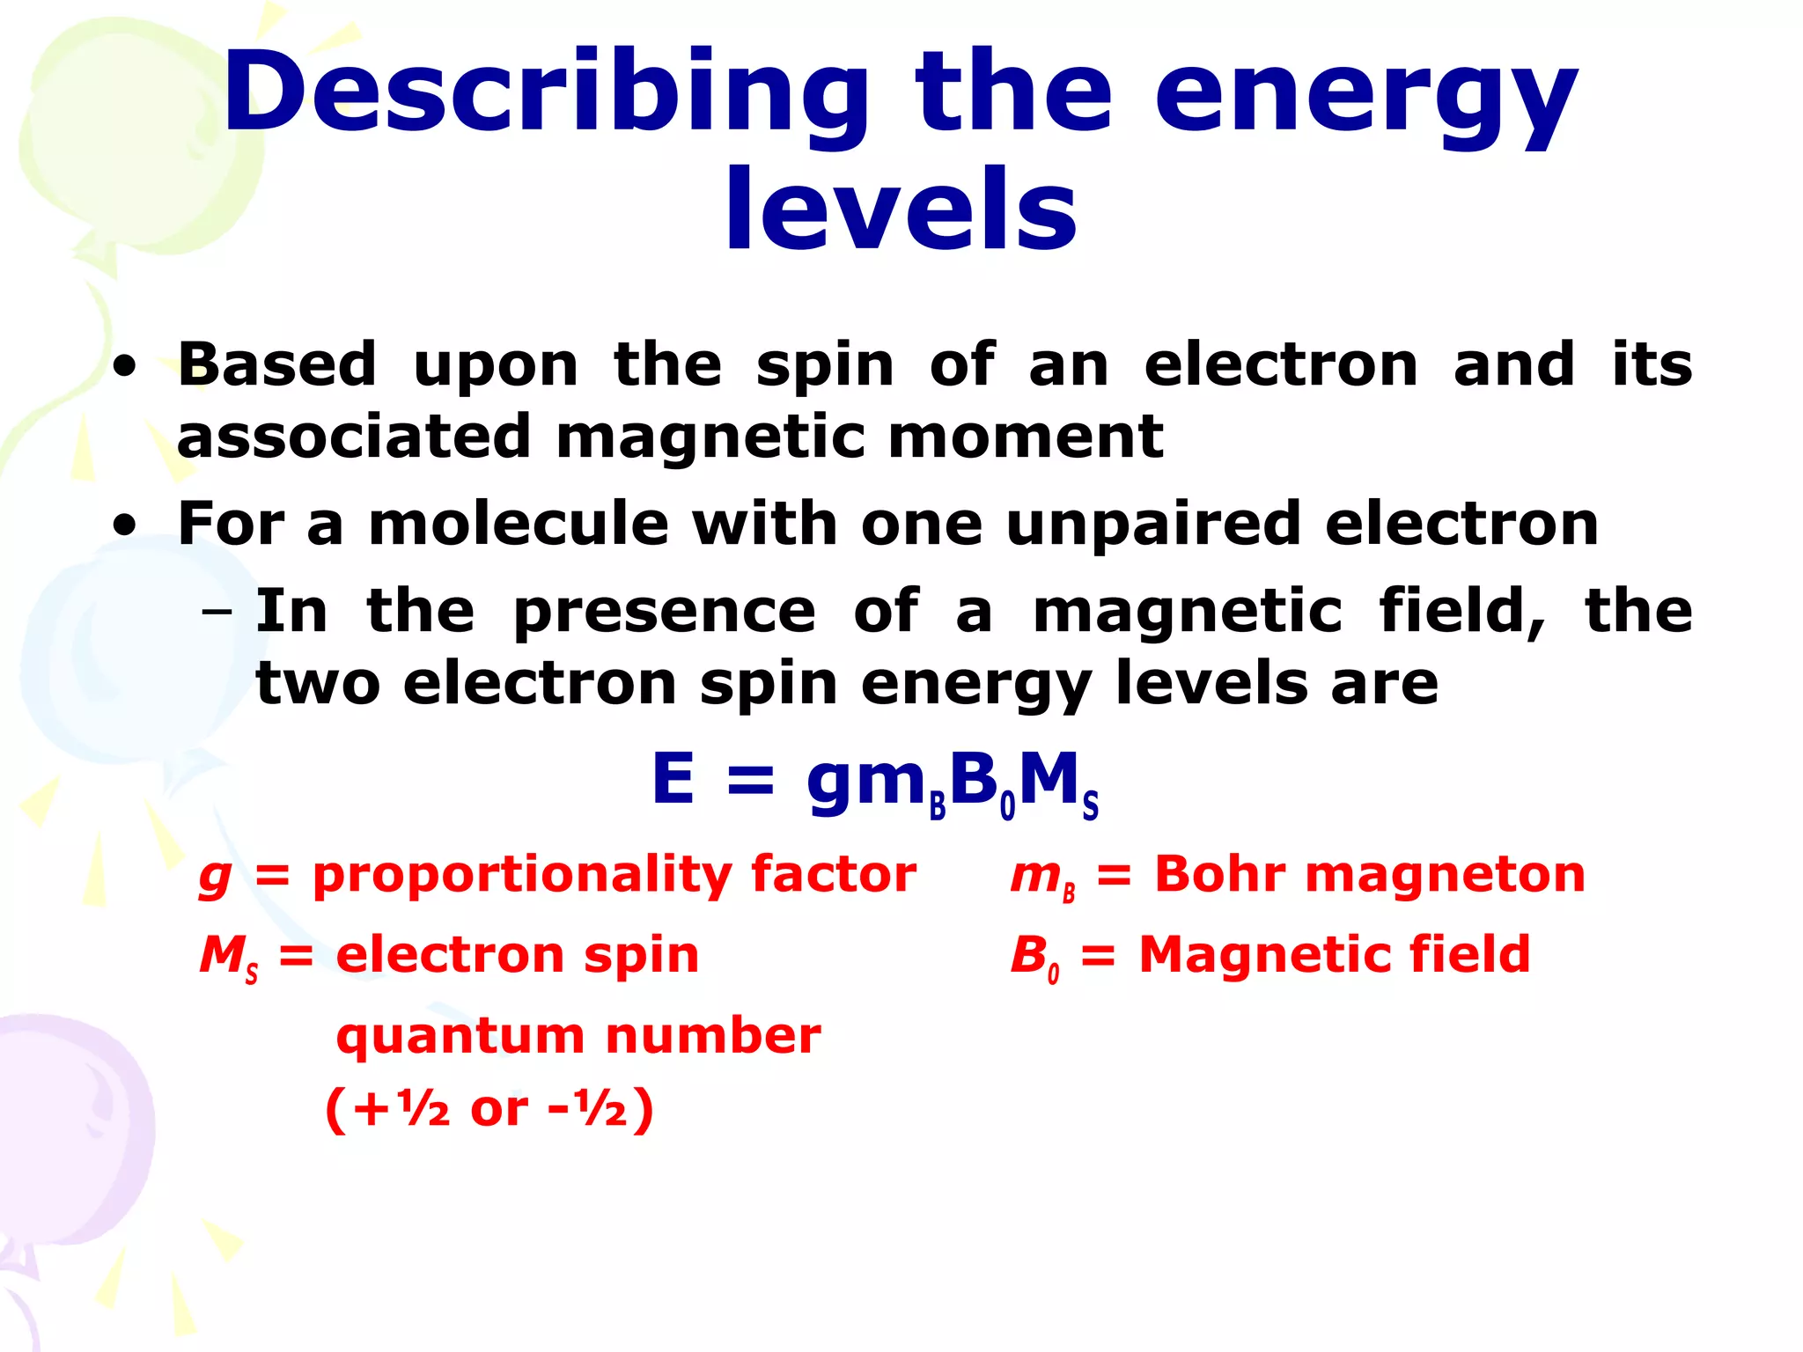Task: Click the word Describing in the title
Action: pos(546,95)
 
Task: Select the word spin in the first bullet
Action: pos(825,365)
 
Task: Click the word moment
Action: pos(1026,437)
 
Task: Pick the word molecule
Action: pos(518,524)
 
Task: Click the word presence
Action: pos(665,613)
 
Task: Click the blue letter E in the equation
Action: pos(673,779)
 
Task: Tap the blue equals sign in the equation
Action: pos(750,781)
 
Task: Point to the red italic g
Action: pos(216,877)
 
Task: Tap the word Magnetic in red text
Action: pos(1251,955)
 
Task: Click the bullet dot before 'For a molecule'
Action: pos(125,525)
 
